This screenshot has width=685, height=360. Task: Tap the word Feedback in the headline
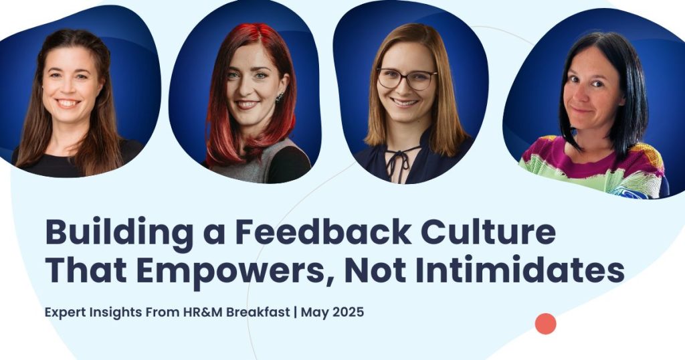click(x=323, y=232)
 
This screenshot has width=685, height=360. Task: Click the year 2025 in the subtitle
click(x=348, y=312)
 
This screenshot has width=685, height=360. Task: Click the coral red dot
click(x=546, y=324)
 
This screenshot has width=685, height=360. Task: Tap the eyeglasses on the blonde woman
click(x=407, y=79)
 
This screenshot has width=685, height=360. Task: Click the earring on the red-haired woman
click(x=278, y=96)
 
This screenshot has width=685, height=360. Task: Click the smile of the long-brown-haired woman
click(x=69, y=103)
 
